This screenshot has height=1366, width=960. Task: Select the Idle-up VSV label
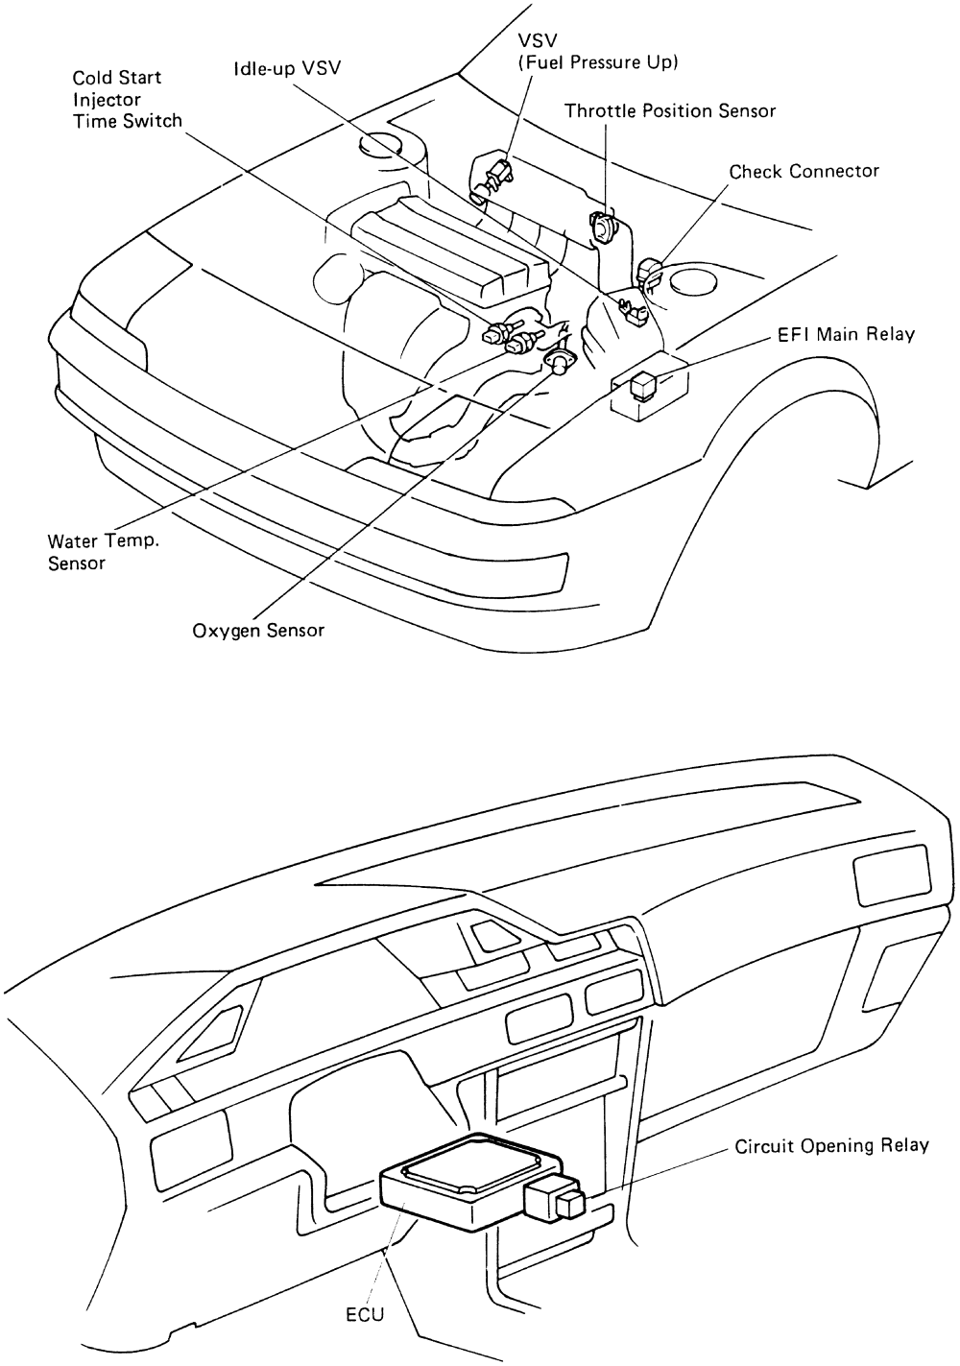tap(287, 68)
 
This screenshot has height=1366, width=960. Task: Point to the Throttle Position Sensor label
tap(670, 110)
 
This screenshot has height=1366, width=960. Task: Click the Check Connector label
tap(804, 171)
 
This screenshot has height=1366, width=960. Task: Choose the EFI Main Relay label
tap(846, 334)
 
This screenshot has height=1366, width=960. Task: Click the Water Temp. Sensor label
tap(104, 551)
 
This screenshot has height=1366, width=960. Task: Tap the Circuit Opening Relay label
tap(831, 1145)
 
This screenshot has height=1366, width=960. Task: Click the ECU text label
tap(365, 1314)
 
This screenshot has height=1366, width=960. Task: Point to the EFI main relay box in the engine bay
tap(640, 387)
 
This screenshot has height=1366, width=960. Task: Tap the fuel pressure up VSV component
tap(497, 175)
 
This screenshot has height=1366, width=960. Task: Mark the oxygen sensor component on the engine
tap(556, 363)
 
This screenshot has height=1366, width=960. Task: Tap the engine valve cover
tap(432, 245)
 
